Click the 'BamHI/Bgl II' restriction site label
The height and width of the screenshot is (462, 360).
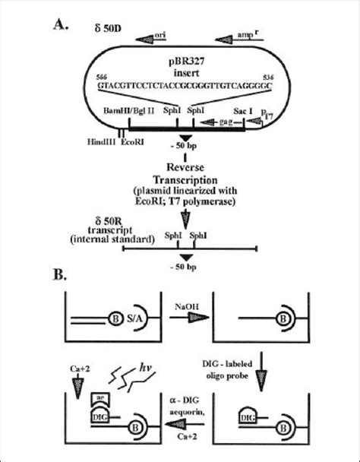tap(125, 110)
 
